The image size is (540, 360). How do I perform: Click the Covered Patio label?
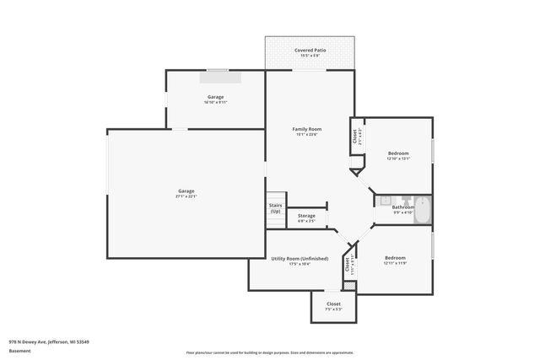pyautogui.click(x=310, y=51)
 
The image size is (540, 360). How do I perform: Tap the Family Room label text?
pyautogui.click(x=307, y=129)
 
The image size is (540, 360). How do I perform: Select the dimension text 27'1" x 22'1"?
pyautogui.click(x=186, y=196)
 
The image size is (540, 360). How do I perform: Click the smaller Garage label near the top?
pyautogui.click(x=215, y=97)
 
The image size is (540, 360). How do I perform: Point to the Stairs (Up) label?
pyautogui.click(x=275, y=208)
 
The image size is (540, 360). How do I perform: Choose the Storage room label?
pyautogui.click(x=306, y=216)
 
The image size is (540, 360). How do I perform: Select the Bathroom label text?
pyautogui.click(x=402, y=207)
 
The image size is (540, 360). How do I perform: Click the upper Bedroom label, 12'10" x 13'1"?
pyautogui.click(x=397, y=153)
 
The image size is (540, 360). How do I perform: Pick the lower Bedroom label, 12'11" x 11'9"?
pyautogui.click(x=395, y=257)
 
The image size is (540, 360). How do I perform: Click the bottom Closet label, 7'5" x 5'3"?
pyautogui.click(x=333, y=304)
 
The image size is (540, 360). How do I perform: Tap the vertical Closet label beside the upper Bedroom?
pyautogui.click(x=354, y=136)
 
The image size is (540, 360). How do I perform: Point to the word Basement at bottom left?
pyautogui.click(x=18, y=352)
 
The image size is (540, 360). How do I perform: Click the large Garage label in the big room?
pyautogui.click(x=186, y=191)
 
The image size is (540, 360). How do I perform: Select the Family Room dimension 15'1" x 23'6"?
pyautogui.click(x=307, y=135)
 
